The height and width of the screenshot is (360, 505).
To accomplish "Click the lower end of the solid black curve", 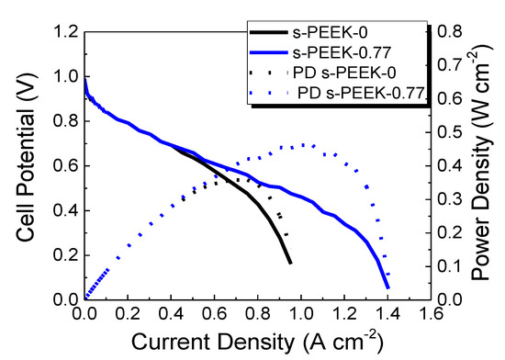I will [290, 264].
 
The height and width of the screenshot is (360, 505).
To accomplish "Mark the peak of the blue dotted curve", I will [303, 144].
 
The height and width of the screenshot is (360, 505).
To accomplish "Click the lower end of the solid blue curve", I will [387, 288].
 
